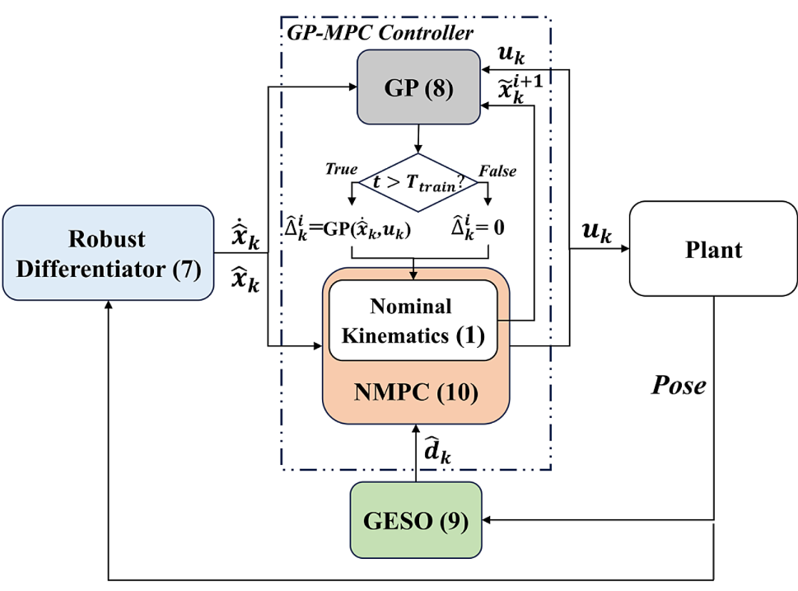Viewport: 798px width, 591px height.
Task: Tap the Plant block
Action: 712,250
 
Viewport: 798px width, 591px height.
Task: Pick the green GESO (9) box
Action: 417,521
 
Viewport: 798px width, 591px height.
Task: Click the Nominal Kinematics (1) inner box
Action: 412,321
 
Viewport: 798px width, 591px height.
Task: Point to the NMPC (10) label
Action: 415,392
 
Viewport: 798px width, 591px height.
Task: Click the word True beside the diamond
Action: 341,169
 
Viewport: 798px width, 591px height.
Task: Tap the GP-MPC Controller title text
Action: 380,34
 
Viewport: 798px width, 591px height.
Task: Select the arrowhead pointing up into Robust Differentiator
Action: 108,305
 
